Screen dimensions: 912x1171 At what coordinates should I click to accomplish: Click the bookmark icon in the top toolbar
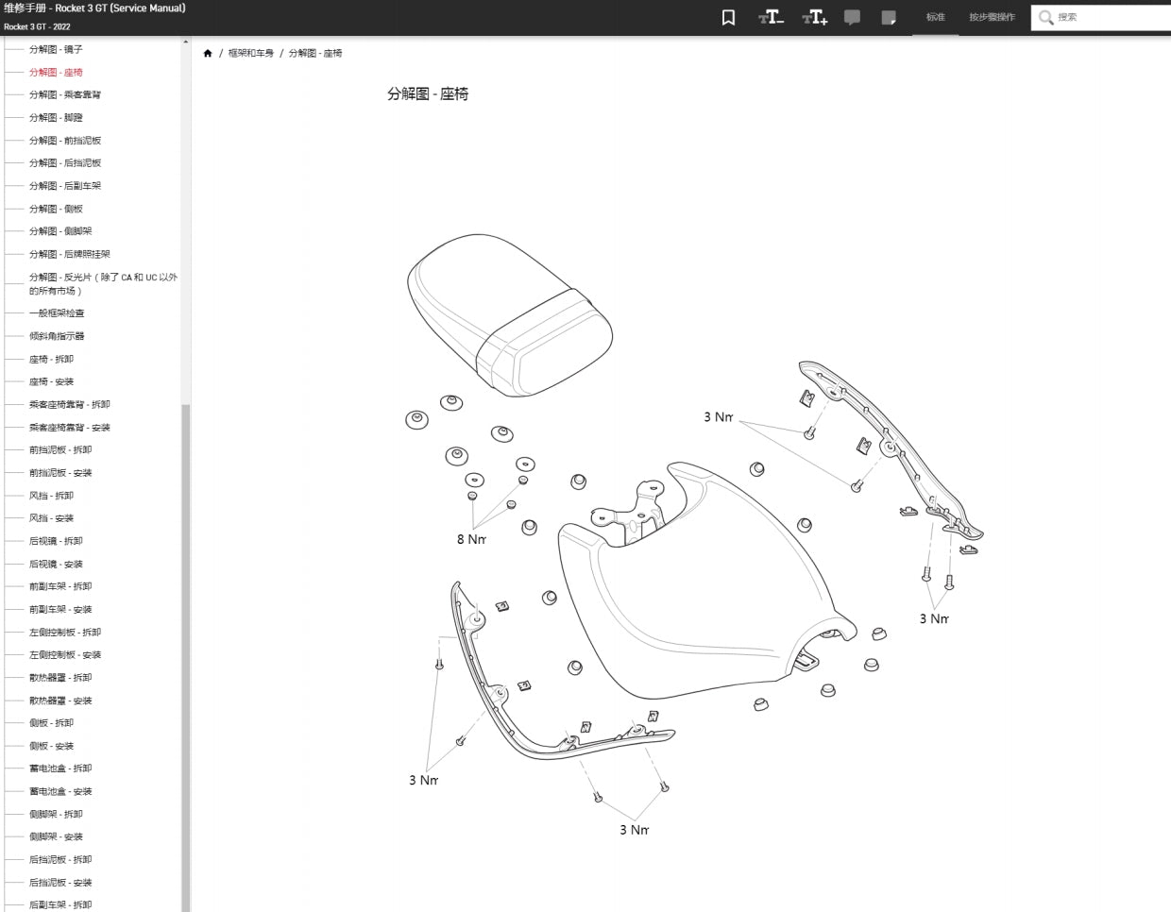tap(728, 17)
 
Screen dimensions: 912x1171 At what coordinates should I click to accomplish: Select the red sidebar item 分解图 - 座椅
tap(56, 72)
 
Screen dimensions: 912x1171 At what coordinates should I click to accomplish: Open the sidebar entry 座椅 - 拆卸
tap(51, 359)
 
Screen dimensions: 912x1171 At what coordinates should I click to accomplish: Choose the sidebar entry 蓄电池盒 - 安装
tap(60, 791)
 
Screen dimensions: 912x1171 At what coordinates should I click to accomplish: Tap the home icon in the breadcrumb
tap(208, 53)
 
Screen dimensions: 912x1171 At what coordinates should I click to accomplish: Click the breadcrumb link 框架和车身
tap(250, 53)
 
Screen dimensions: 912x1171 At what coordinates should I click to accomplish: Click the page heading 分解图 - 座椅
tap(427, 93)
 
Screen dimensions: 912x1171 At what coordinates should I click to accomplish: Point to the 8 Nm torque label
tap(471, 539)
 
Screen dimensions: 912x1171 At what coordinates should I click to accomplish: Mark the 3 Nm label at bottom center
tap(634, 830)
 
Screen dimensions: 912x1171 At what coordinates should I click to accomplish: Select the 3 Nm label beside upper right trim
tap(718, 416)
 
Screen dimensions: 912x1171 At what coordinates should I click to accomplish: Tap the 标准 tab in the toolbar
tap(935, 17)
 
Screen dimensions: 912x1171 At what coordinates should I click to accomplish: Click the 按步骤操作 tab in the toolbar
tap(992, 17)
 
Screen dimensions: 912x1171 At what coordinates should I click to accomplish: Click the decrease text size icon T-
tap(771, 17)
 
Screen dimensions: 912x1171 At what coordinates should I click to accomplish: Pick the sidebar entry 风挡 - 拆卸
tap(51, 496)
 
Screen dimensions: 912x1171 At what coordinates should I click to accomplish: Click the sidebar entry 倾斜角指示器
tap(57, 336)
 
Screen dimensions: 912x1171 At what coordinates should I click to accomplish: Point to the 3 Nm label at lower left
tap(423, 780)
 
